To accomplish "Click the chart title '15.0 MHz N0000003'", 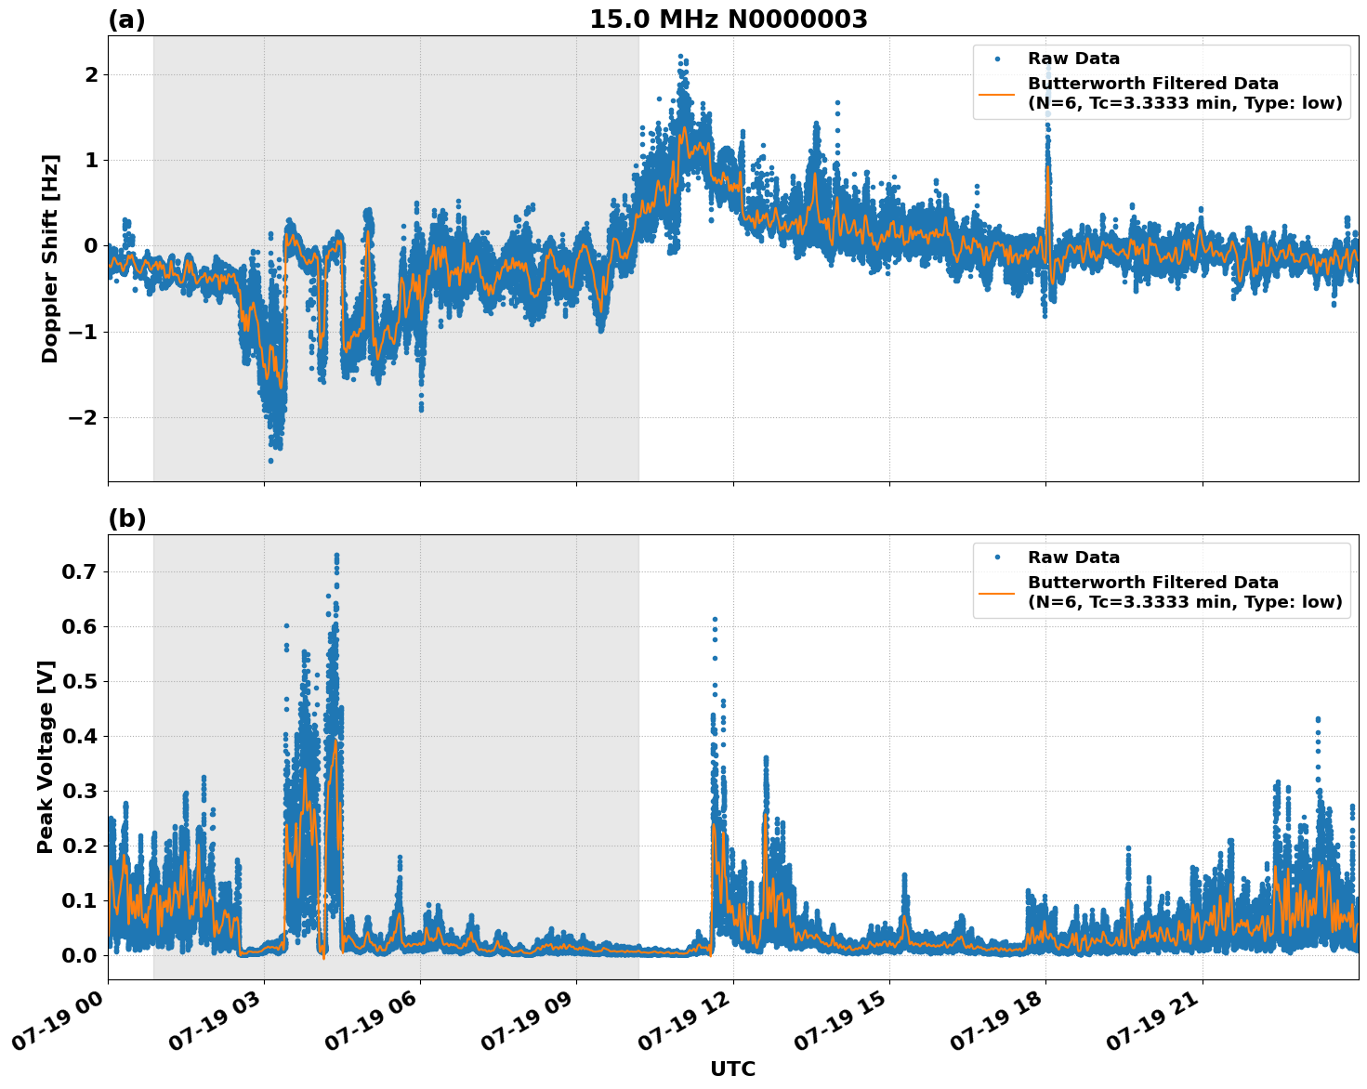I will (x=728, y=20).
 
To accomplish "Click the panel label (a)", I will (x=126, y=20).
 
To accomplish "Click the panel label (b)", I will (x=126, y=518).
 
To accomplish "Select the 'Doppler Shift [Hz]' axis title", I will (x=50, y=258).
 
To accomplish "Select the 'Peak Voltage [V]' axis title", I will (x=46, y=756).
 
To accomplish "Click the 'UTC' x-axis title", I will (x=732, y=1069).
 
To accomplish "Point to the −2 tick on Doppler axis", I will (x=83, y=417).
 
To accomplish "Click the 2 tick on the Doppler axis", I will (x=90, y=74).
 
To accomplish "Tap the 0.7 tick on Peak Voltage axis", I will (x=80, y=571).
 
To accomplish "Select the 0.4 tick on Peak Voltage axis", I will (x=80, y=736).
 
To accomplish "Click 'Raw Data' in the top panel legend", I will (x=1073, y=59).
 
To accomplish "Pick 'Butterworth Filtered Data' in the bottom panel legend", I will (x=1152, y=583).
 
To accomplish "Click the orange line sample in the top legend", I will (x=997, y=93).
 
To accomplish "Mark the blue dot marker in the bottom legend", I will (x=997, y=558).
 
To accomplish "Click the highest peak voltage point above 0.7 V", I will (x=336, y=556).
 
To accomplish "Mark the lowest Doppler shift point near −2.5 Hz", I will (x=270, y=460).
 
